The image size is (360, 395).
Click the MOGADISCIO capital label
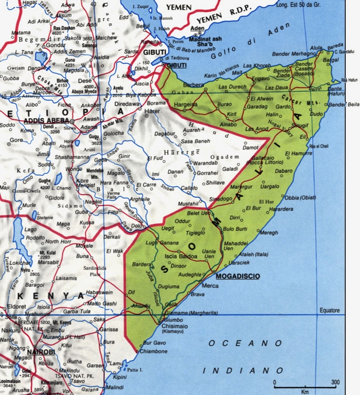238,276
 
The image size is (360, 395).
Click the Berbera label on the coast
193,84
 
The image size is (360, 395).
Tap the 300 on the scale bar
336,382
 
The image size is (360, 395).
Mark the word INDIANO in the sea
243,370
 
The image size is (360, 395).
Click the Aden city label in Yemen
197,28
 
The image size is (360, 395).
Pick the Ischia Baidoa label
181,256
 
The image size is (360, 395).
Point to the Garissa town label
109,329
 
